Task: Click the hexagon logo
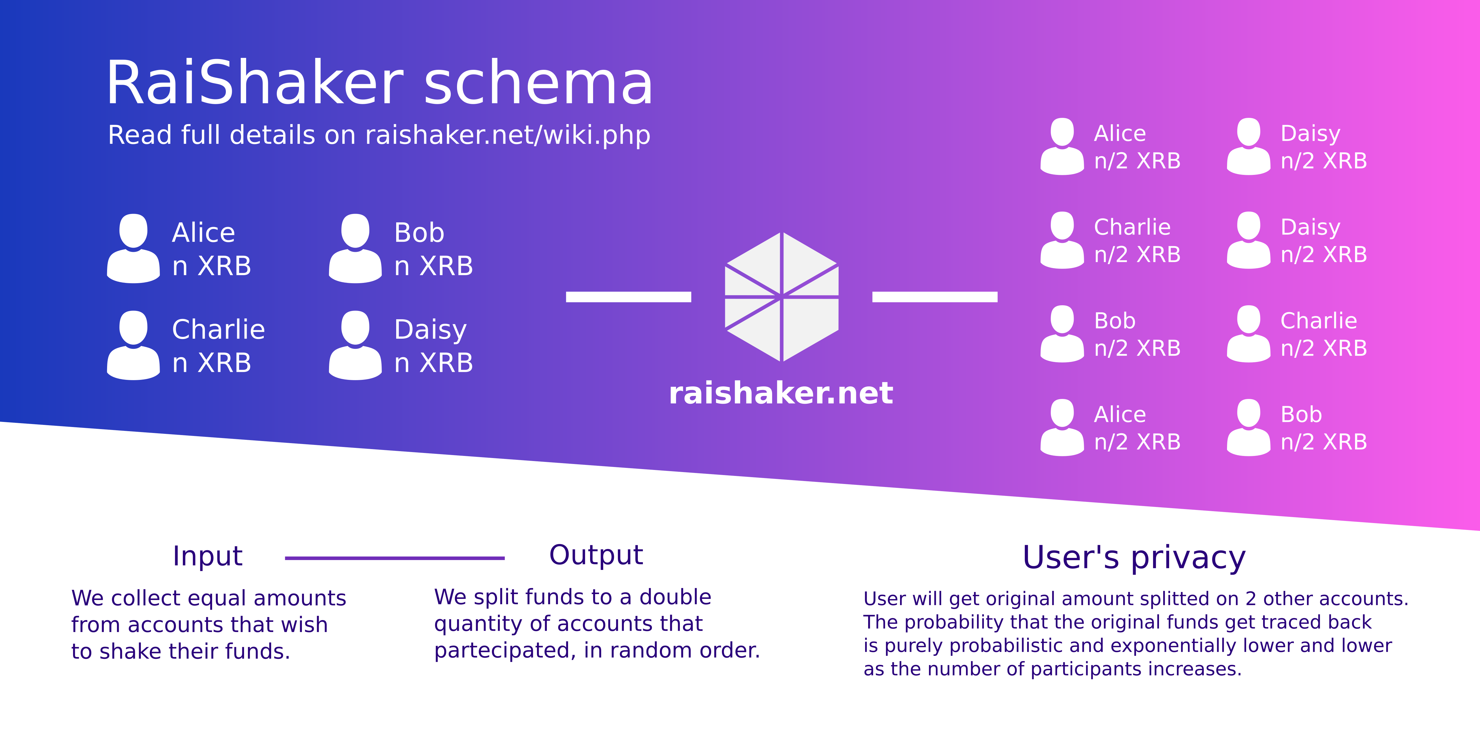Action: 781,297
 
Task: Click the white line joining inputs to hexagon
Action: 629,297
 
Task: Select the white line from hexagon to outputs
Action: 935,297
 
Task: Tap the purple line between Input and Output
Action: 395,558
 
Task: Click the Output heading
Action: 596,555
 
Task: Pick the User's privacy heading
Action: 1134,557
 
